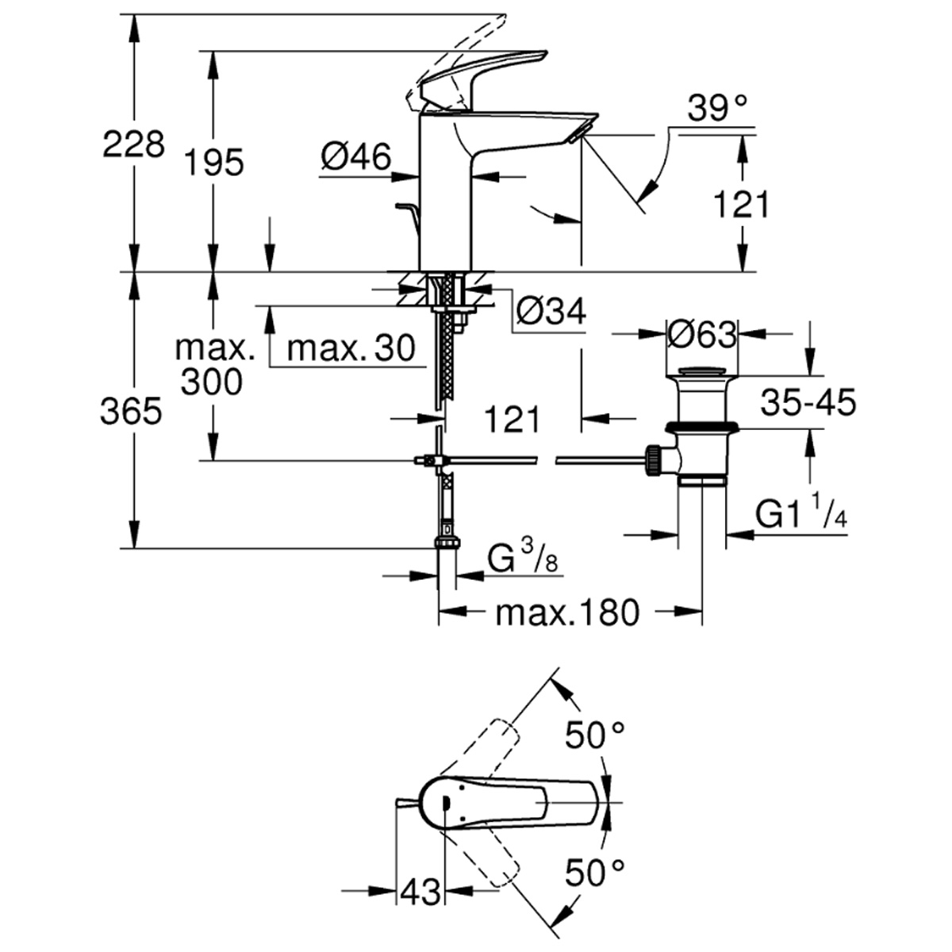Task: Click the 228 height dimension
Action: [134, 145]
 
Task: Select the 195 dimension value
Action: [214, 163]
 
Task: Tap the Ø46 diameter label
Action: [356, 158]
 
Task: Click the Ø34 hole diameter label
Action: [551, 312]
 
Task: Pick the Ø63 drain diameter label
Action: [701, 335]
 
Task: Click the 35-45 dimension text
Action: [808, 403]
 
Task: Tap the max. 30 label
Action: [351, 347]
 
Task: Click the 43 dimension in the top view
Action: [420, 892]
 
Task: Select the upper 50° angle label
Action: [595, 737]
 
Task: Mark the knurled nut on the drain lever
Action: [654, 459]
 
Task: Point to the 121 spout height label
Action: [741, 205]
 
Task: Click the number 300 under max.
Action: [211, 383]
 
